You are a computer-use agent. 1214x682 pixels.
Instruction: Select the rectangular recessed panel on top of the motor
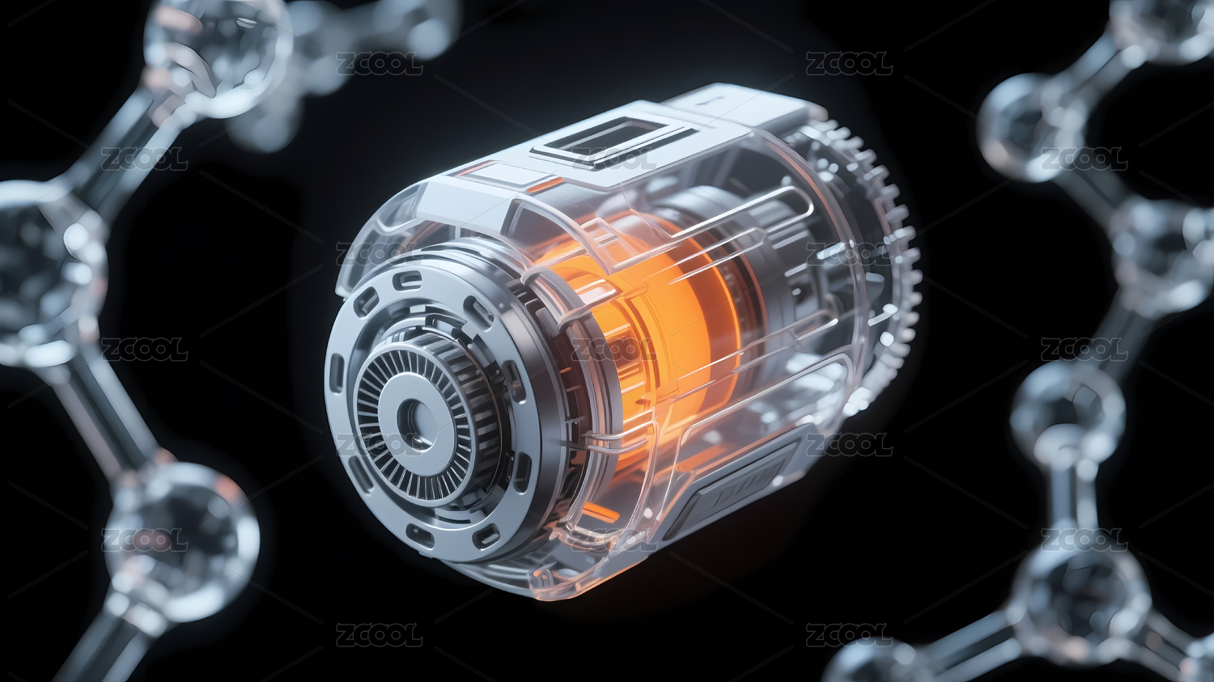tap(613, 142)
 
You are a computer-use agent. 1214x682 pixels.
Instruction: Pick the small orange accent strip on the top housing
tap(544, 185)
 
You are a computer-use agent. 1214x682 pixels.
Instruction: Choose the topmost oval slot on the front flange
tap(406, 280)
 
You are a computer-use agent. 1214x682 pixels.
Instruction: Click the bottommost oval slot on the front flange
tap(419, 536)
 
